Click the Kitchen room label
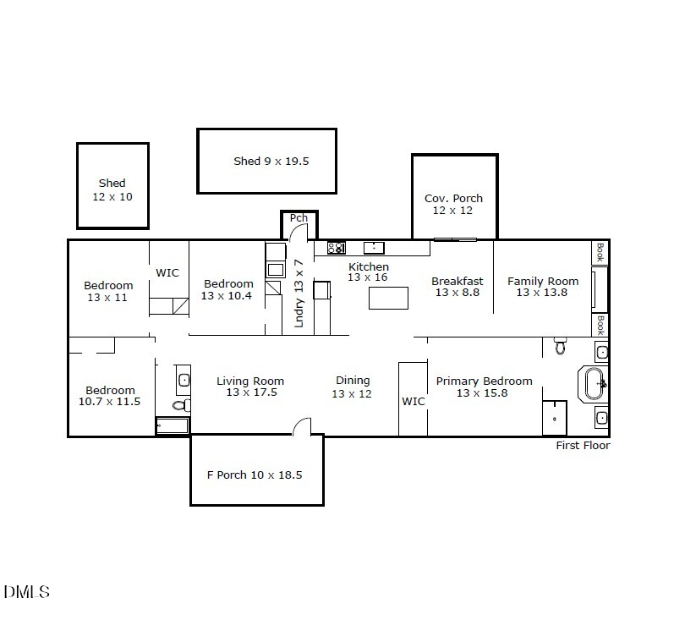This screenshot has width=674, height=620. pos(369,266)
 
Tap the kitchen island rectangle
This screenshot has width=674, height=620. pos(388,298)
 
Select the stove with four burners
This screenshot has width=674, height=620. pos(337,248)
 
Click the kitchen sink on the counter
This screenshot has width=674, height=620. pos(374,248)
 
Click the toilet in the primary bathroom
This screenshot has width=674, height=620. pos(560,345)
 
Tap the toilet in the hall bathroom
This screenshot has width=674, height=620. pos(181,404)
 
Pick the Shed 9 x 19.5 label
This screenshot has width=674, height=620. pos(271,162)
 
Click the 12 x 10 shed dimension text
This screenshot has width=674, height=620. pos(112,197)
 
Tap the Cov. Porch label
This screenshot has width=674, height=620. pos(453,198)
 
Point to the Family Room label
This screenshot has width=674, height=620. pos(543,281)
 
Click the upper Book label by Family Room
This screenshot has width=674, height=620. pos(600,252)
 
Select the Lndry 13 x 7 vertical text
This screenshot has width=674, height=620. pos(299,294)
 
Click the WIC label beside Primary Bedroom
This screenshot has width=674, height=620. pos(414,401)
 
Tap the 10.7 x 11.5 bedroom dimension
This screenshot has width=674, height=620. pos(110,402)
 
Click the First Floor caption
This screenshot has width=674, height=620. pos(583,446)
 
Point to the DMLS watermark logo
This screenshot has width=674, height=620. pos(27,592)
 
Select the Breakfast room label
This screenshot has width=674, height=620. pos(458,281)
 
